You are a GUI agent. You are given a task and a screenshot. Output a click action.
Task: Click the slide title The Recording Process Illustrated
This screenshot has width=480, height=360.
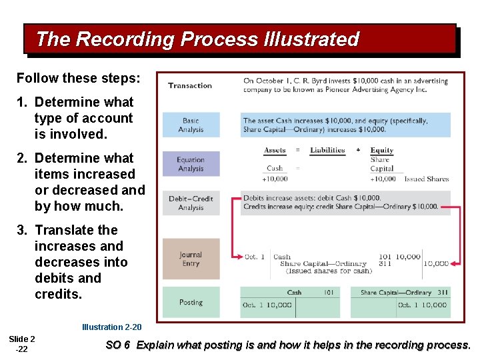[197, 39]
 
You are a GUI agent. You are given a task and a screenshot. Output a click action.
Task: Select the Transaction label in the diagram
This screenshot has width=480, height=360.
[190, 85]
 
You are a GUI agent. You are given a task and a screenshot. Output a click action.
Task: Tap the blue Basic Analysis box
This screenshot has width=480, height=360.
[191, 125]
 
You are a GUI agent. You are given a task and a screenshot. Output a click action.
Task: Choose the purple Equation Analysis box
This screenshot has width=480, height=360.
[191, 164]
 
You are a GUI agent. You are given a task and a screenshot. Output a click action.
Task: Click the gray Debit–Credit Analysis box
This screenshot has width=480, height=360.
[191, 203]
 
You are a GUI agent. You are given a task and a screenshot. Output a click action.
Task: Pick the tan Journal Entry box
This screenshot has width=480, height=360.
[191, 259]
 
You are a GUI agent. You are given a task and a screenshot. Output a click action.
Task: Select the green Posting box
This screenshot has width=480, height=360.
[191, 302]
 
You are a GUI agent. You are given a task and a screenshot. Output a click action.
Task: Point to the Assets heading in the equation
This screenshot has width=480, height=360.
[275, 151]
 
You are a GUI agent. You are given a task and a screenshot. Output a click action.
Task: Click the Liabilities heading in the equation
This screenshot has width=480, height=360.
[327, 151]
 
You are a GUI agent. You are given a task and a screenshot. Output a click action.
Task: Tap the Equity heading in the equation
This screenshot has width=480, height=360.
[382, 151]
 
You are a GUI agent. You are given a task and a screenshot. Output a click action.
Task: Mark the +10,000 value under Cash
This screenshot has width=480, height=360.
[275, 179]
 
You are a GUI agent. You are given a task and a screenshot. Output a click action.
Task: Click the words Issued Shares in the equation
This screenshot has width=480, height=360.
[427, 179]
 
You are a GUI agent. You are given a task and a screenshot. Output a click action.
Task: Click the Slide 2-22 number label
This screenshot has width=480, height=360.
[22, 344]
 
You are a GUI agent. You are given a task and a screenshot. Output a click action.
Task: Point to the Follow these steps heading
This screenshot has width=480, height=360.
[79, 78]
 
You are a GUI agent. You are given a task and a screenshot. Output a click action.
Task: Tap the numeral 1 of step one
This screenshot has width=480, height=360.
[21, 103]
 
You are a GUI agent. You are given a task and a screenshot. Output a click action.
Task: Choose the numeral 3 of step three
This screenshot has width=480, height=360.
[21, 231]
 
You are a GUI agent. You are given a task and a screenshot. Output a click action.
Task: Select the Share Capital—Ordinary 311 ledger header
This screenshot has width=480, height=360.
[405, 292]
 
